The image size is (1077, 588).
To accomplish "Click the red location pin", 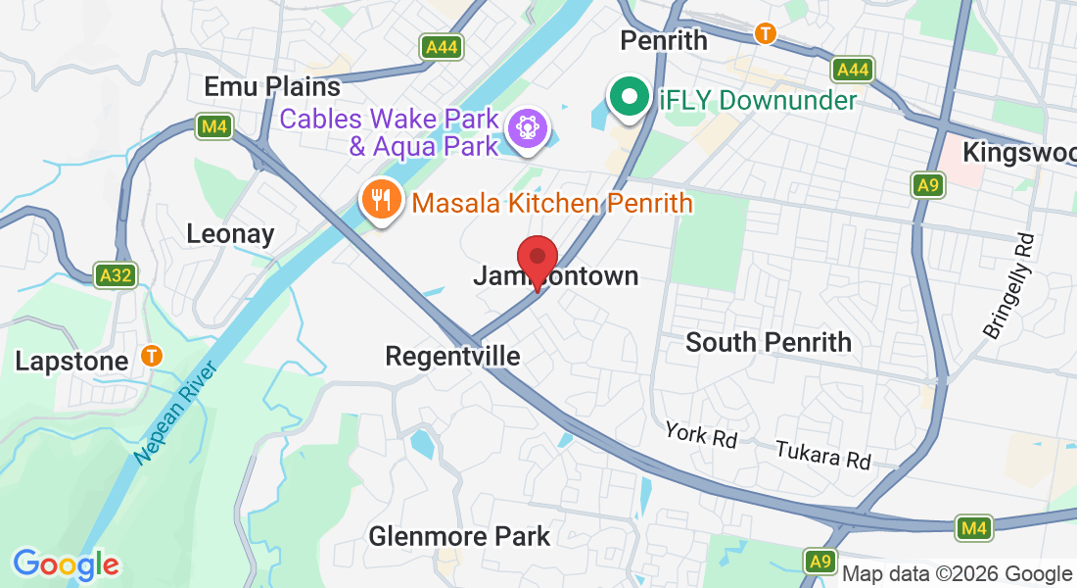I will click(537, 259).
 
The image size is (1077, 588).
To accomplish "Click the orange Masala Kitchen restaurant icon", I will click(379, 200).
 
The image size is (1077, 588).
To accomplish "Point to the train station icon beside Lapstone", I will click(152, 355).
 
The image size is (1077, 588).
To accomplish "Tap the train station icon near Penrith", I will click(766, 33).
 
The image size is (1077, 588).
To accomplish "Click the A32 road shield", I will click(115, 275).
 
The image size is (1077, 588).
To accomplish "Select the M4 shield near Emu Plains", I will click(212, 126).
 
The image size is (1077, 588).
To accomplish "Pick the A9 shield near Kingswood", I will click(925, 184).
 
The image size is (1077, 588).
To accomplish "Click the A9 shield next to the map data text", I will click(820, 562).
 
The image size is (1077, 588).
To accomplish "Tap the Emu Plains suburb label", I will click(272, 86).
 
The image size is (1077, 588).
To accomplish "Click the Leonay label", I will click(230, 234).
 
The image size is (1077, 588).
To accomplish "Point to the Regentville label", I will click(452, 356).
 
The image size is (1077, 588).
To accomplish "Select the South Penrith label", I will click(769, 342).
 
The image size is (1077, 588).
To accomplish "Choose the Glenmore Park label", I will click(459, 537).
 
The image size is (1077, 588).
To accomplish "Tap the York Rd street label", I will click(700, 434).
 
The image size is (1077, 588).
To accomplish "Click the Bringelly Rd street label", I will click(1008, 287).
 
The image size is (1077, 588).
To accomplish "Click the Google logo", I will click(66, 564).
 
